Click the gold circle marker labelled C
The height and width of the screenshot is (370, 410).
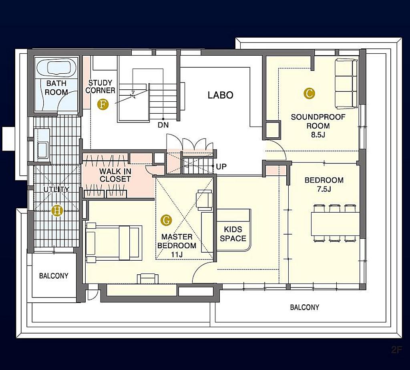310,93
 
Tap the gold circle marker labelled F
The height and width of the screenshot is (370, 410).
103,105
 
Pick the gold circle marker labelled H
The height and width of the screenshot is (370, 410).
57,211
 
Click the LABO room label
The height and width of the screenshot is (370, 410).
221,95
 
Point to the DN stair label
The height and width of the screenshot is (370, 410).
163,125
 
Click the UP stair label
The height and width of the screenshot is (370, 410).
221,166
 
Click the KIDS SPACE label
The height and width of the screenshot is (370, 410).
233,234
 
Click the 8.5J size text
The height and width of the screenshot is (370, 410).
318,135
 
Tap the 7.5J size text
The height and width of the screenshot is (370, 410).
324,189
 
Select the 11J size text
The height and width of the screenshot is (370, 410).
177,254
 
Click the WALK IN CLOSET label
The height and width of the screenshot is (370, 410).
115,175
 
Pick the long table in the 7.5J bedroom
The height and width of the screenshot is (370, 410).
335,223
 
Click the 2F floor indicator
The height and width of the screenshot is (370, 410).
396,357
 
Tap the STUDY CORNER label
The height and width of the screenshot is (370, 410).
100,86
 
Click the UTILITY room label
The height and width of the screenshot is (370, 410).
56,189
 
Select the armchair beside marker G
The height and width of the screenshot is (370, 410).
204,200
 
